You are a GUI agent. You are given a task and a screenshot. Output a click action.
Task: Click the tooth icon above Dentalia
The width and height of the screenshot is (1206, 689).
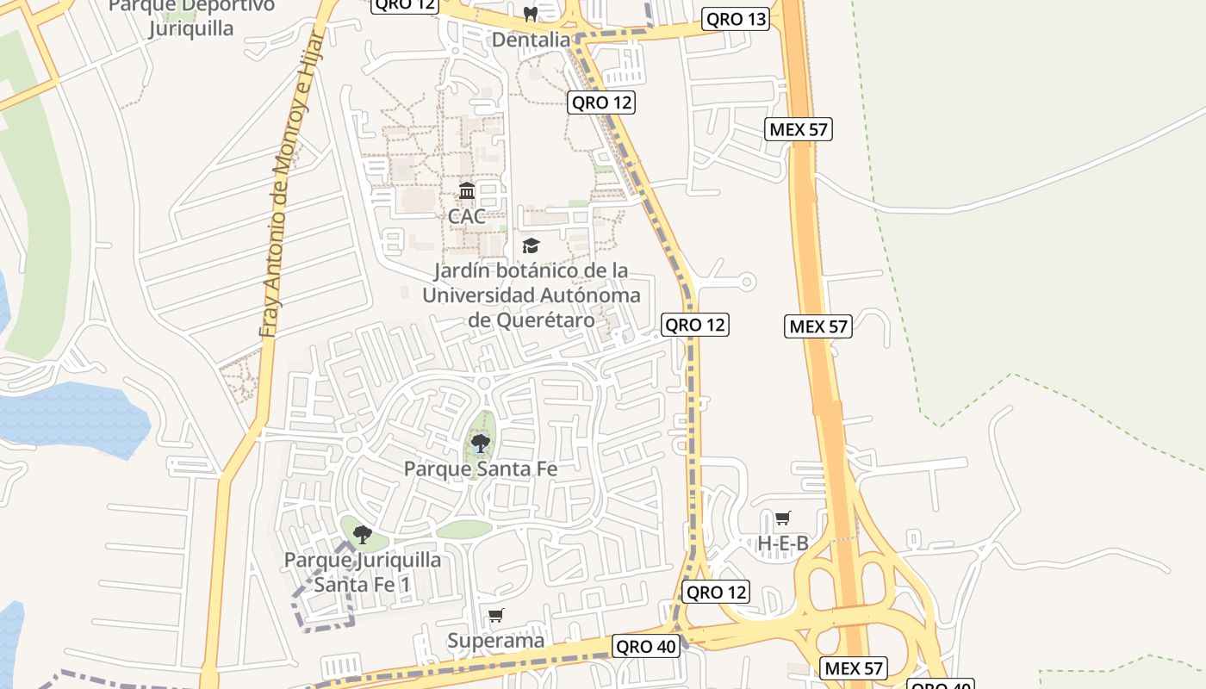pos(531,15)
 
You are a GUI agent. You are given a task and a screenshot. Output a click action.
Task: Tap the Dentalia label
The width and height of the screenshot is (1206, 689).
pos(531,40)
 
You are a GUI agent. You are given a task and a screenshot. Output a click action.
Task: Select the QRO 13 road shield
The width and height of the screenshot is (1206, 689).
pos(736,19)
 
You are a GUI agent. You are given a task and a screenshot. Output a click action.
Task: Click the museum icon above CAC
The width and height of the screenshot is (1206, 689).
pos(467,190)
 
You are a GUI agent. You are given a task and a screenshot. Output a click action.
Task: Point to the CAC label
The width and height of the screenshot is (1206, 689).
pos(466,215)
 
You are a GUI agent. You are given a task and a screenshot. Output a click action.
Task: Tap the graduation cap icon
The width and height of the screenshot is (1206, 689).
pos(531,245)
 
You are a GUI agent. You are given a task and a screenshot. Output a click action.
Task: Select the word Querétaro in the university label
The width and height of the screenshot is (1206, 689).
pos(545,320)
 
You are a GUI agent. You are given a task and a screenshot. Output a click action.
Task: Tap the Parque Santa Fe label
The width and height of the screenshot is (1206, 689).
pos(481,469)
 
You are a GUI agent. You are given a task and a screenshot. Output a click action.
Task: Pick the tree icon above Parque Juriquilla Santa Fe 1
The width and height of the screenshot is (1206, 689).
pos(363,534)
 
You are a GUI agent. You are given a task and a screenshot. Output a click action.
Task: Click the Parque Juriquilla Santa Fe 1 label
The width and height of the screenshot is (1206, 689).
pos(363,572)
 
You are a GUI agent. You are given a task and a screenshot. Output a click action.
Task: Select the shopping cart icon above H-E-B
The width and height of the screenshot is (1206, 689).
pos(782,518)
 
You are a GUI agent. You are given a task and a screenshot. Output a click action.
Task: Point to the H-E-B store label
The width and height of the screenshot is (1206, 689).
pos(782,543)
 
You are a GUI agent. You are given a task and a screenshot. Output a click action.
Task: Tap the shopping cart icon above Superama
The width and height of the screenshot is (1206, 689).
pos(495,616)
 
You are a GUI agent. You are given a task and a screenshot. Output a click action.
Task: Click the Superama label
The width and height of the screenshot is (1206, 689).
pos(495,641)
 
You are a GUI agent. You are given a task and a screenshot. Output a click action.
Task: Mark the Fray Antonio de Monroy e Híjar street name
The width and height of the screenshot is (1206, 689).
pos(293,185)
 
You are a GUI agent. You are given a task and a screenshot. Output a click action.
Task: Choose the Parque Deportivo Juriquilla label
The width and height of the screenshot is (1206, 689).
pos(191,17)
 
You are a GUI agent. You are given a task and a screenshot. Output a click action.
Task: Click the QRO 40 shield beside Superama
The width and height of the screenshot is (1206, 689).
pos(646,646)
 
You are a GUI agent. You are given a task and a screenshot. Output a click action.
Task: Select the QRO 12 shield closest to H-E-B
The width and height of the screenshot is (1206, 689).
pos(715,592)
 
